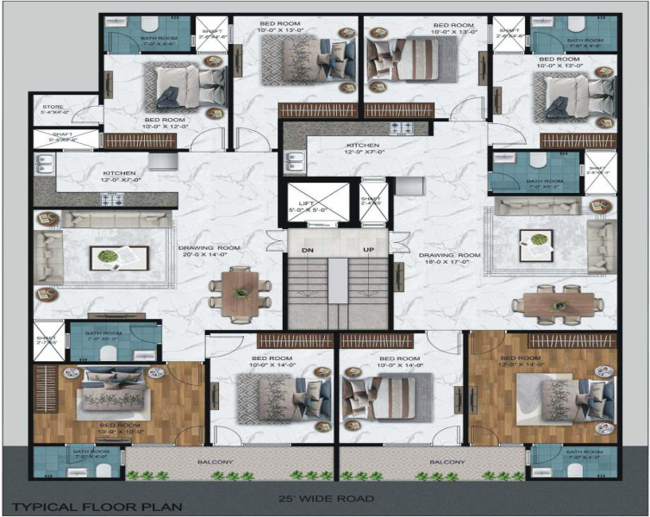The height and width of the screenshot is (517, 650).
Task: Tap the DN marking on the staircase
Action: [x=306, y=250]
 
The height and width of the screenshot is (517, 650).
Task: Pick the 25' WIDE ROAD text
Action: [x=325, y=498]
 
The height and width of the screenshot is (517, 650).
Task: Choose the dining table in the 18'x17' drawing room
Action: [x=557, y=303]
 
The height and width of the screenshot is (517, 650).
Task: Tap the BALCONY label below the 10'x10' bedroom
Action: [x=214, y=463]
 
